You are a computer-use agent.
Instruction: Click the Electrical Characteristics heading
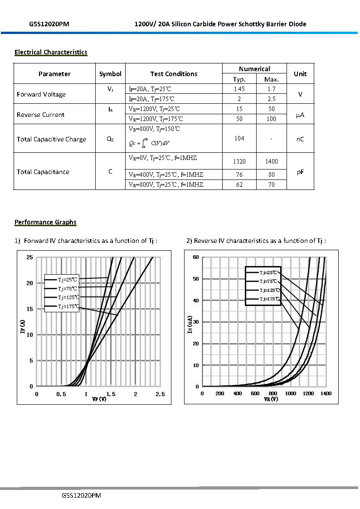pyautogui.click(x=51, y=52)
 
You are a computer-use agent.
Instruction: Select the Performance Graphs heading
pyautogui.click(x=45, y=222)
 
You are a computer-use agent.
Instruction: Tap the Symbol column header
pyautogui.click(x=110, y=74)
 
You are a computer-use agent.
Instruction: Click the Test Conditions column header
pyautogui.click(x=174, y=74)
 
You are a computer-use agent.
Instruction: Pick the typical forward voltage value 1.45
pyautogui.click(x=239, y=89)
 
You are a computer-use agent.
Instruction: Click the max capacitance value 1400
pyautogui.click(x=271, y=161)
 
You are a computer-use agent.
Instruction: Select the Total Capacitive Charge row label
pyautogui.click(x=51, y=139)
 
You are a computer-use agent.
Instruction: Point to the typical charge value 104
pyautogui.click(x=239, y=138)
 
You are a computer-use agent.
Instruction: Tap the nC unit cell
pyautogui.click(x=300, y=139)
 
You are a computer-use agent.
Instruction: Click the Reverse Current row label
pyautogui.click(x=41, y=115)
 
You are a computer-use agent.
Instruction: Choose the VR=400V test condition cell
pyautogui.click(x=166, y=175)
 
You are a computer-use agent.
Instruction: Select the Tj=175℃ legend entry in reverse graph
pyautogui.click(x=269, y=299)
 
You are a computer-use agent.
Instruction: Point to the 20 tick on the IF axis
pyautogui.click(x=30, y=283)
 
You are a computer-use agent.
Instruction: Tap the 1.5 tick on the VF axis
pyautogui.click(x=111, y=394)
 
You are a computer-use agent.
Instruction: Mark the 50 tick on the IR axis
pyautogui.click(x=196, y=279)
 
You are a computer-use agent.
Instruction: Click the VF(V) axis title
pyautogui.click(x=99, y=399)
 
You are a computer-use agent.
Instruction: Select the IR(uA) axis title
pyautogui.click(x=190, y=325)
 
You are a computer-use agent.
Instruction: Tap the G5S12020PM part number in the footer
pyautogui.click(x=81, y=496)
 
